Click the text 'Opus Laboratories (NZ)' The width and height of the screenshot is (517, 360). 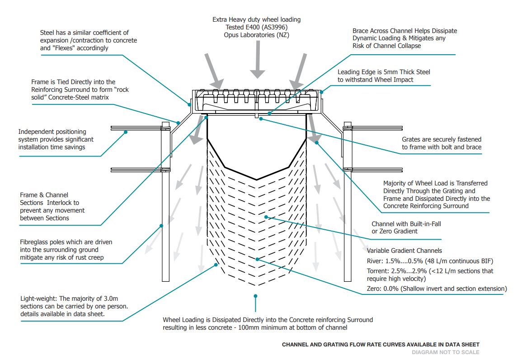[x=256, y=35]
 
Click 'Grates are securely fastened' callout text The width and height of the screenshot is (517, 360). [x=442, y=139]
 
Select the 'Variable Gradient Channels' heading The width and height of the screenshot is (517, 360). [x=404, y=251]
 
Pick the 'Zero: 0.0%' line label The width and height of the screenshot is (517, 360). [x=384, y=289]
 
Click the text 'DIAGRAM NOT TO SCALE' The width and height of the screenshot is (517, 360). [x=445, y=352]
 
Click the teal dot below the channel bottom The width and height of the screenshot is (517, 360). [x=256, y=296]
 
